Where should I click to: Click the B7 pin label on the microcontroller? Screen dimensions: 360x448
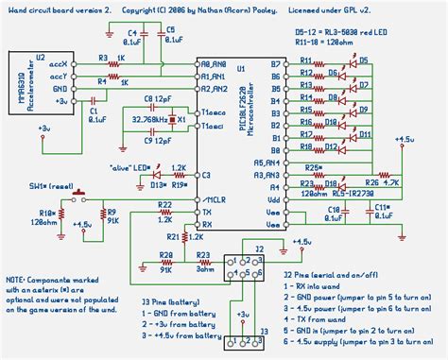click(275, 64)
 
